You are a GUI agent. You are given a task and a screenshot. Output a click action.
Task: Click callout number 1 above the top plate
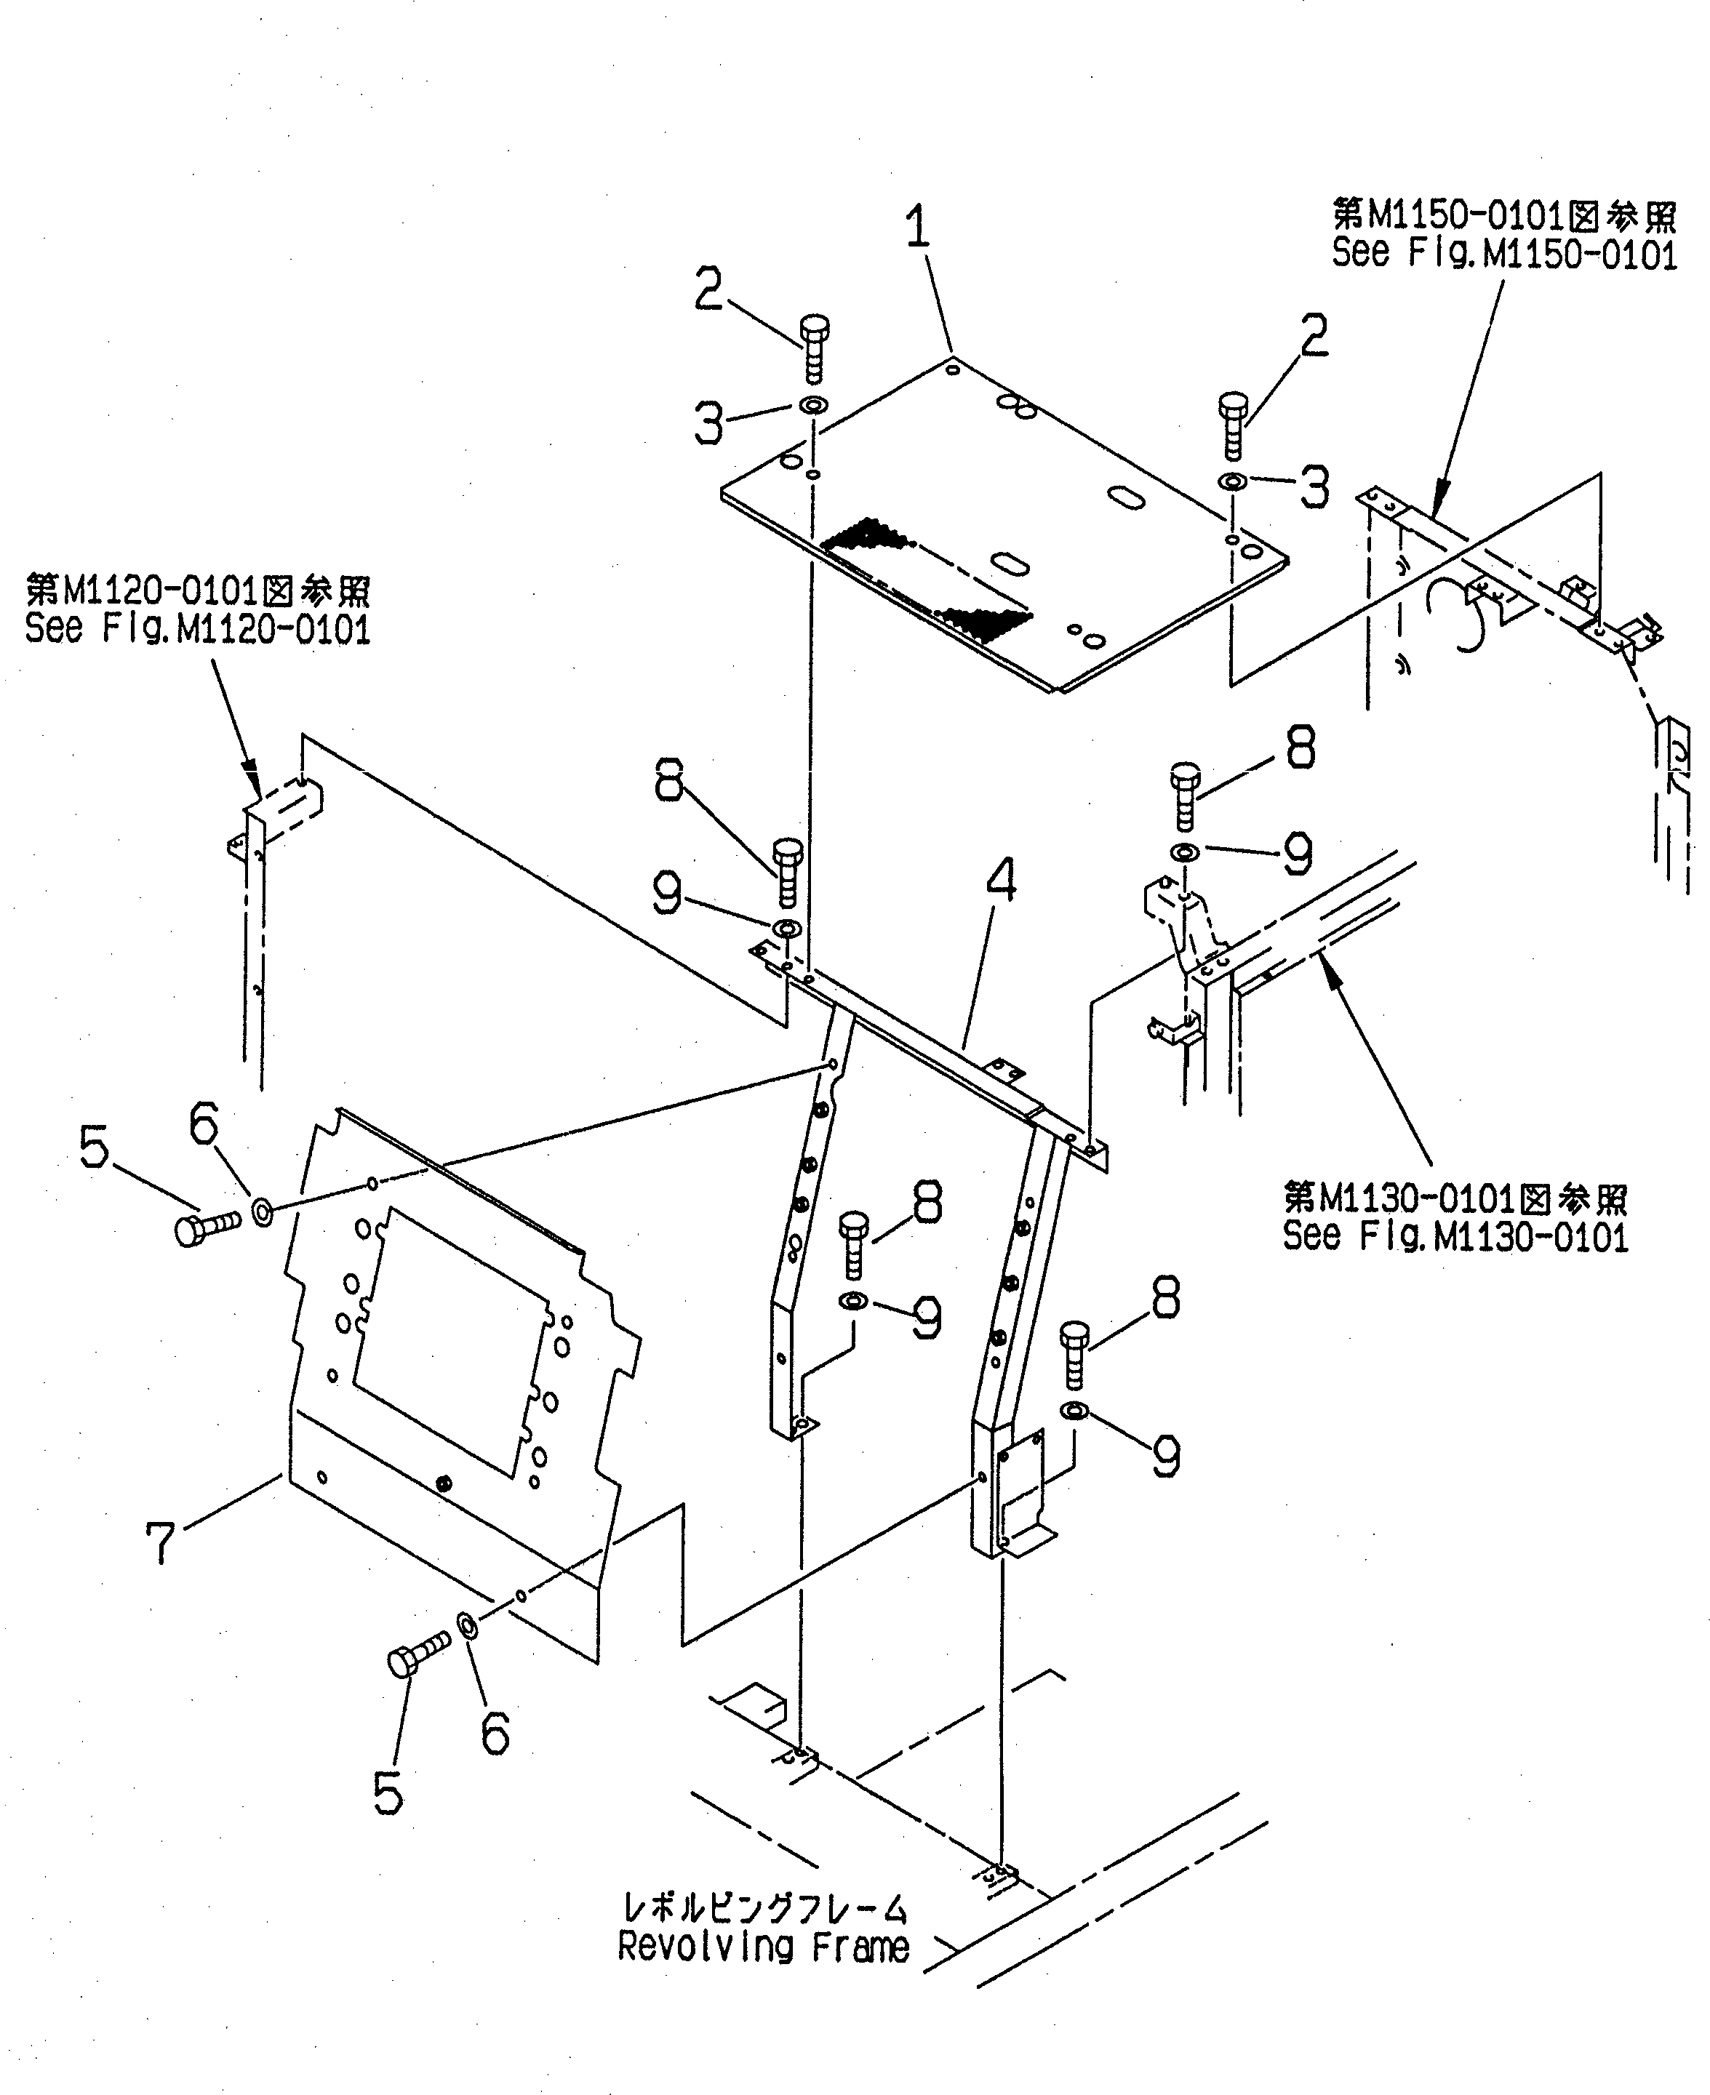(x=918, y=228)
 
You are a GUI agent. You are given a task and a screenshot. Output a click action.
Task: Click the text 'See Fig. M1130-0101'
(x=1455, y=1235)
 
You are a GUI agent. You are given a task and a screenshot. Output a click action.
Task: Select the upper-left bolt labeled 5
(x=204, y=1227)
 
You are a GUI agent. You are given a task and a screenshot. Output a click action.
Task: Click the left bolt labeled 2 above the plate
(x=814, y=348)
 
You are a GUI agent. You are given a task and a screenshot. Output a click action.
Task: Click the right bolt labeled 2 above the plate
(x=1232, y=425)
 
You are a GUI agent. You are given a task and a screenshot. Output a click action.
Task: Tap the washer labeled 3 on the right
(x=1232, y=481)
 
